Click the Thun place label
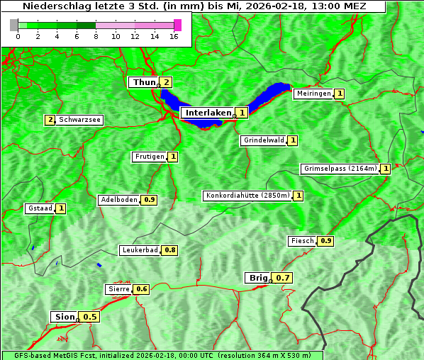click(143, 82)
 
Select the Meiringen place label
click(313, 94)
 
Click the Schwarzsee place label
click(79, 120)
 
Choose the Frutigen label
click(149, 157)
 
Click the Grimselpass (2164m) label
click(340, 169)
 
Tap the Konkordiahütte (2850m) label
click(247, 196)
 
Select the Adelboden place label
click(119, 200)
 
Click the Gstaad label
click(40, 208)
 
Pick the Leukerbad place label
click(140, 250)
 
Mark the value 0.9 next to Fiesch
click(325, 241)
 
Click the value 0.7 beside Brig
click(283, 278)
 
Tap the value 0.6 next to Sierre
click(142, 289)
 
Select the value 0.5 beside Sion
click(90, 317)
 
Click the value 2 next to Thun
click(166, 82)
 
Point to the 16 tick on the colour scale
click(174, 36)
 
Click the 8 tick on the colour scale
click(96, 36)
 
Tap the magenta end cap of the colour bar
click(177, 25)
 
